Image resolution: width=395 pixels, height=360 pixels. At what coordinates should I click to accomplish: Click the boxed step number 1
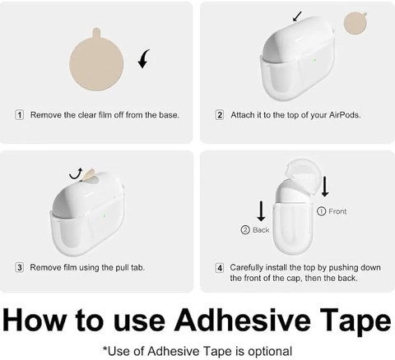pyautogui.click(x=20, y=115)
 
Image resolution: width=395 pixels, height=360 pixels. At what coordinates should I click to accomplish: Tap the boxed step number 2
pyautogui.click(x=220, y=115)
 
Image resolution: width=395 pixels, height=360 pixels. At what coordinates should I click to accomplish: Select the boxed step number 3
pyautogui.click(x=20, y=267)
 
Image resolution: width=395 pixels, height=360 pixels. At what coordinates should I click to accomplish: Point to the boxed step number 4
pyautogui.click(x=220, y=268)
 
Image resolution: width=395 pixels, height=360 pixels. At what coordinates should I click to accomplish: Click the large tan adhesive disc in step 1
pyautogui.click(x=96, y=62)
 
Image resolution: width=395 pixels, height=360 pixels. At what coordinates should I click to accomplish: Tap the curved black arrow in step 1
pyautogui.click(x=144, y=58)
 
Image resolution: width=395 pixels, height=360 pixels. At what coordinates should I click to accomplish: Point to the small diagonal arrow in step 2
pyautogui.click(x=297, y=16)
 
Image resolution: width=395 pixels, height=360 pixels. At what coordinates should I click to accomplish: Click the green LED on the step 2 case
pyautogui.click(x=314, y=60)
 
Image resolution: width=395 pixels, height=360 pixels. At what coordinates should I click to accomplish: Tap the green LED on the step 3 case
pyautogui.click(x=105, y=216)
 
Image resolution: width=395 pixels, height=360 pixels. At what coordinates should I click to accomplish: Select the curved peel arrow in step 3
pyautogui.click(x=76, y=174)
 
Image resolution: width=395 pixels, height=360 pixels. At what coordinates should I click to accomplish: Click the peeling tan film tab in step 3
pyautogui.click(x=88, y=175)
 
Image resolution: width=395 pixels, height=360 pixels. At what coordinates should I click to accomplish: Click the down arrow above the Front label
pyautogui.click(x=325, y=187)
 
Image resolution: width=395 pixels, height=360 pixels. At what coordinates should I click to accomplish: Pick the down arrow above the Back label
pyautogui.click(x=261, y=211)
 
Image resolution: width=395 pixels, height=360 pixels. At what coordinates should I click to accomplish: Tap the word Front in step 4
pyautogui.click(x=337, y=211)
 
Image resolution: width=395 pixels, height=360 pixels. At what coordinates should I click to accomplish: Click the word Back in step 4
pyautogui.click(x=261, y=230)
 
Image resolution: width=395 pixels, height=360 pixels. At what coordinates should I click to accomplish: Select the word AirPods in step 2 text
pyautogui.click(x=345, y=115)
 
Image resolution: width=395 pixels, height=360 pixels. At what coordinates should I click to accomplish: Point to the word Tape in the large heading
pyautogui.click(x=355, y=321)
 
